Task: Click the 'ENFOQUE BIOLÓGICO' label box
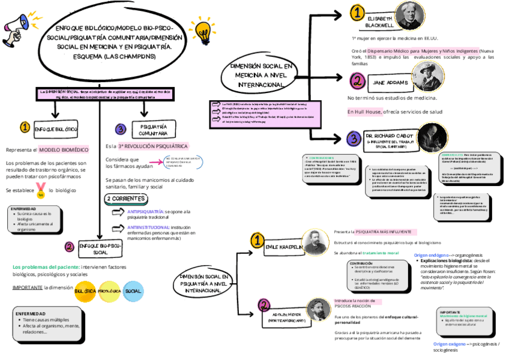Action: click(x=56, y=128)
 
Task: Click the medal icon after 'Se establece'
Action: click(x=40, y=190)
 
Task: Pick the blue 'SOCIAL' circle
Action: click(x=133, y=291)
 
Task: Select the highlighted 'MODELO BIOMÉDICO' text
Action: click(x=64, y=149)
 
